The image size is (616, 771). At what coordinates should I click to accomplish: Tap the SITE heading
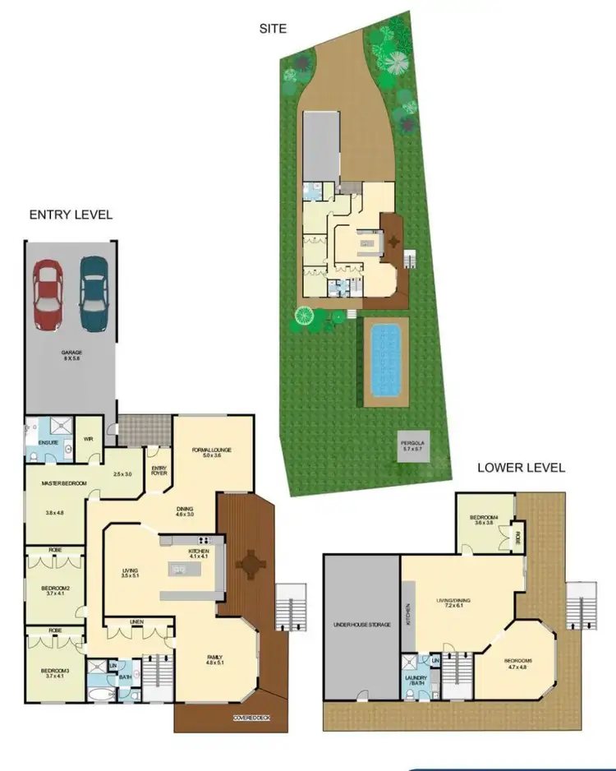click(272, 29)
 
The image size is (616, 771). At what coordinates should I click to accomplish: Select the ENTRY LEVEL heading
click(71, 215)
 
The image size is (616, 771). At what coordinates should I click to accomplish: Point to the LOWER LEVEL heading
click(522, 468)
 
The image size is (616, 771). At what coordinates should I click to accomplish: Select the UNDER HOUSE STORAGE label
click(361, 625)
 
